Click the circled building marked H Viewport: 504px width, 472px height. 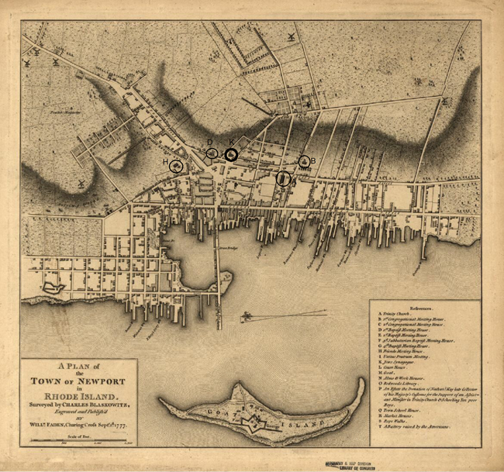[x=177, y=165]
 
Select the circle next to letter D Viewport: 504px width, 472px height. [x=212, y=153]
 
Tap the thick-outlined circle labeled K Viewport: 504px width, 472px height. [x=231, y=153]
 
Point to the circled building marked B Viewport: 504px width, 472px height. [x=304, y=161]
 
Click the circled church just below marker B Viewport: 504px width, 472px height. [x=283, y=179]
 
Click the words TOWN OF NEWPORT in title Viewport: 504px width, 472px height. [x=78, y=381]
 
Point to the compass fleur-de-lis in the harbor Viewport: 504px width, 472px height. [x=247, y=316]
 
